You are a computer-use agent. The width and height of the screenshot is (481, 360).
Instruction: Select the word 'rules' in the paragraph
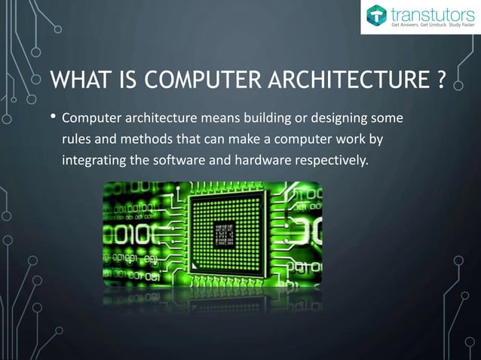coord(77,139)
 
